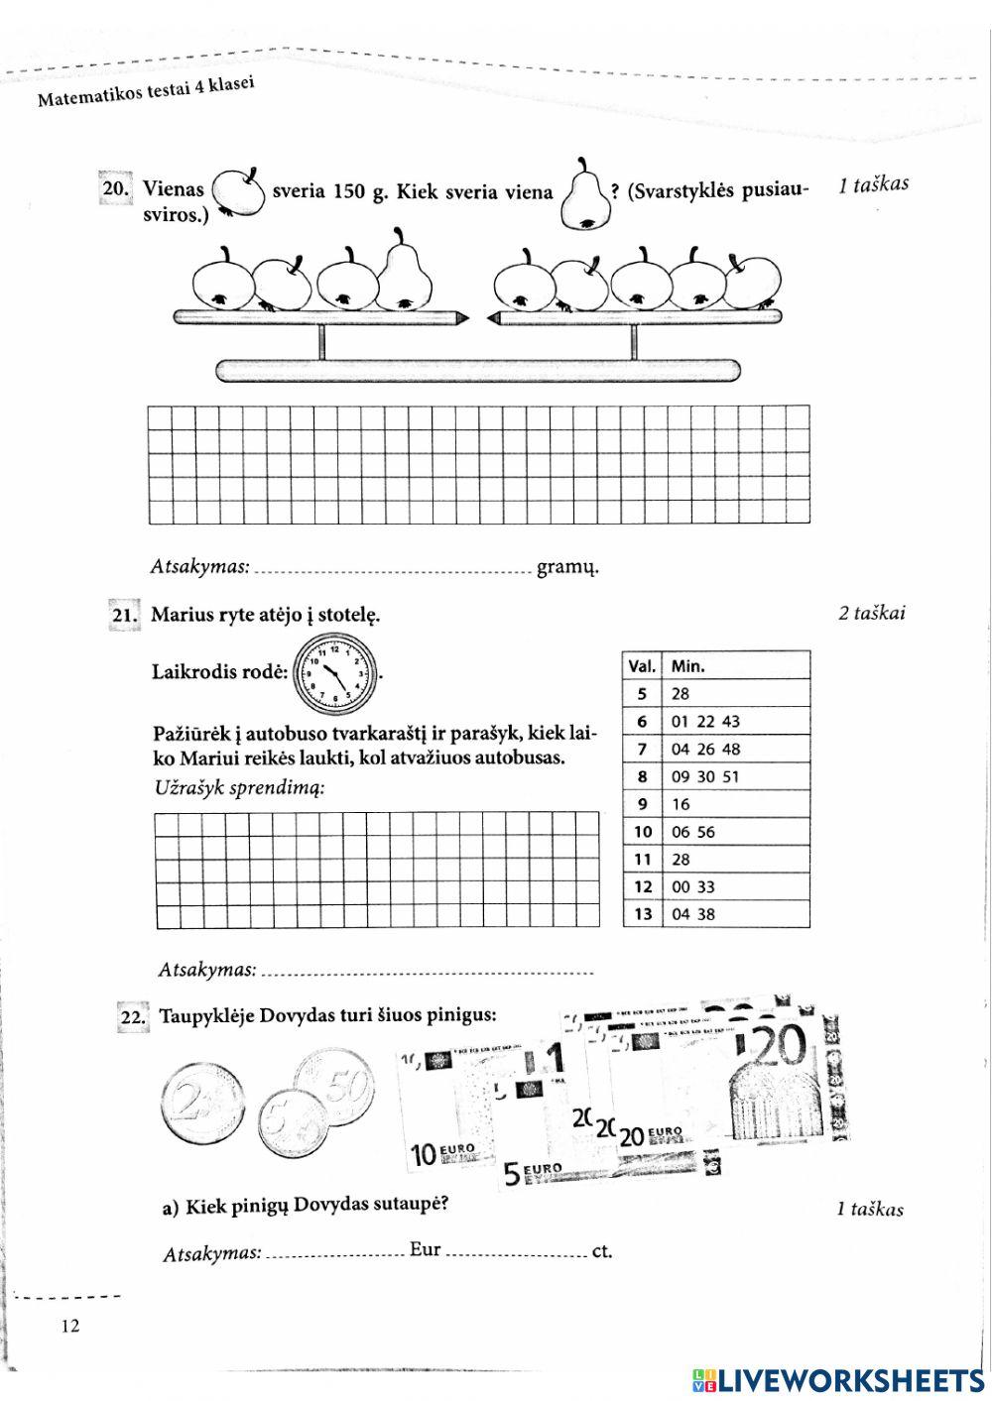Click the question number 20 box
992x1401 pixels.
click(114, 188)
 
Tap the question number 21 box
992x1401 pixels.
click(124, 615)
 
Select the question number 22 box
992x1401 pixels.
click(133, 1017)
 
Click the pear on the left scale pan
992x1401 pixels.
click(403, 273)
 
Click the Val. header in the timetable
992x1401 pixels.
click(642, 666)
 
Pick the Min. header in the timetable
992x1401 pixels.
click(688, 666)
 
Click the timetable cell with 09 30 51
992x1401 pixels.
click(705, 776)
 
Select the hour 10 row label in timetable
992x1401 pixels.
click(643, 832)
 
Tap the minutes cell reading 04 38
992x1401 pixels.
click(693, 914)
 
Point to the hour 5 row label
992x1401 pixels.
click(643, 694)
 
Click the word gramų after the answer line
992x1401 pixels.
click(567, 568)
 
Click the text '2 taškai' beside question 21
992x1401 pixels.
click(871, 613)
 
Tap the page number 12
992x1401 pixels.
click(68, 1327)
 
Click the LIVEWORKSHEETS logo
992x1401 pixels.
click(838, 1379)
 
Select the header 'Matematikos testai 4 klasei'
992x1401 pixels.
click(146, 92)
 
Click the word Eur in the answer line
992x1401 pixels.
click(425, 1250)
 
